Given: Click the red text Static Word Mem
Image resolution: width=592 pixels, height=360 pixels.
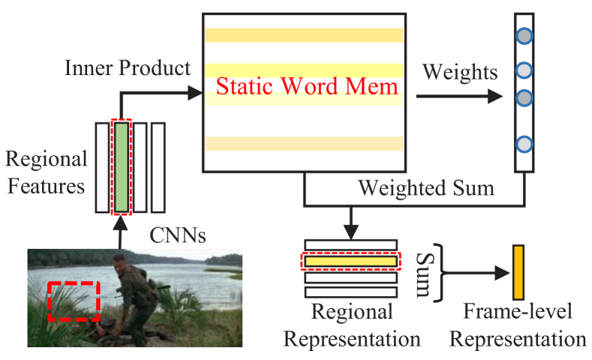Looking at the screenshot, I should [x=308, y=85].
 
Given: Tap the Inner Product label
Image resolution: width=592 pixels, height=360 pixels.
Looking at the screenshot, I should [x=128, y=68].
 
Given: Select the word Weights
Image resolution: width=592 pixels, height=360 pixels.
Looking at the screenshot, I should [x=460, y=72].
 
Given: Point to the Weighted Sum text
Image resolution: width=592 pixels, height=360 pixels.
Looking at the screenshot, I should [x=425, y=187].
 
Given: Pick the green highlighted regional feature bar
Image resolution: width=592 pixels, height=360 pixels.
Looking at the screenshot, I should [x=122, y=166].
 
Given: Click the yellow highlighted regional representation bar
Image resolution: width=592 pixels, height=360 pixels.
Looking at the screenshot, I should [x=350, y=262].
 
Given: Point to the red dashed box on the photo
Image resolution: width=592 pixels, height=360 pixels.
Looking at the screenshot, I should [x=73, y=301].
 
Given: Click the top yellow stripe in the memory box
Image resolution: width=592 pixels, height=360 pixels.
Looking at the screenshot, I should [x=304, y=35].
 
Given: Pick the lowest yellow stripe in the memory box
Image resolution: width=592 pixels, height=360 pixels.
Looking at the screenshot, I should [x=304, y=143].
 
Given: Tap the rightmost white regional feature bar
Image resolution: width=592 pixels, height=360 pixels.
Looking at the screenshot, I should [x=158, y=166].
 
